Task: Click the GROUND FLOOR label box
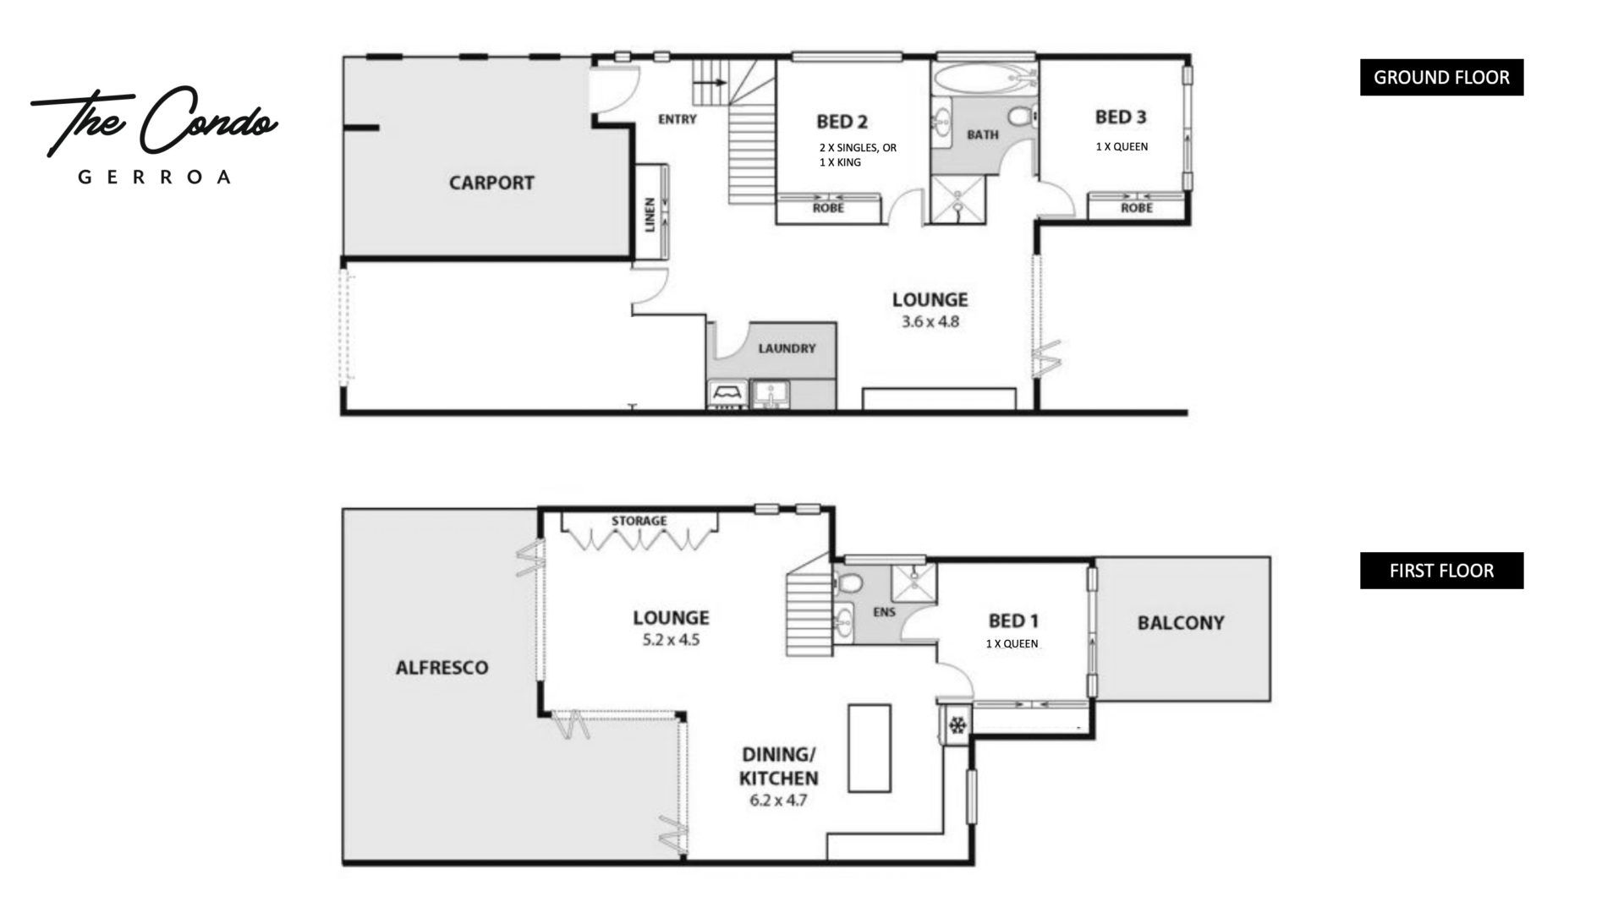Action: [1441, 77]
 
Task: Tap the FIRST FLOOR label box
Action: [1441, 571]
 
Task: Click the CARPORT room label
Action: [491, 183]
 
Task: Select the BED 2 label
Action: [842, 122]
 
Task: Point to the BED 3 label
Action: [1121, 117]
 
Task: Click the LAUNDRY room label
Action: [787, 348]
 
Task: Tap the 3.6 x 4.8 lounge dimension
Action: [930, 322]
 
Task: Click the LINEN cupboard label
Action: [650, 214]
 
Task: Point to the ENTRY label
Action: [678, 119]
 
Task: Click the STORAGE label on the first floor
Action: [639, 521]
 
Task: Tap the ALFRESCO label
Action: [442, 668]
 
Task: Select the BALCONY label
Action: [1181, 623]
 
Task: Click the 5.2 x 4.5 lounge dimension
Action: [671, 640]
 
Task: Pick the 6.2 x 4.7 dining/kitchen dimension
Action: [778, 800]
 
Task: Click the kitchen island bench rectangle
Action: [870, 748]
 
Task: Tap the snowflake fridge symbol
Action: [957, 725]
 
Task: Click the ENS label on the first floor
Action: [885, 612]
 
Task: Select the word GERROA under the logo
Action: [154, 178]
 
